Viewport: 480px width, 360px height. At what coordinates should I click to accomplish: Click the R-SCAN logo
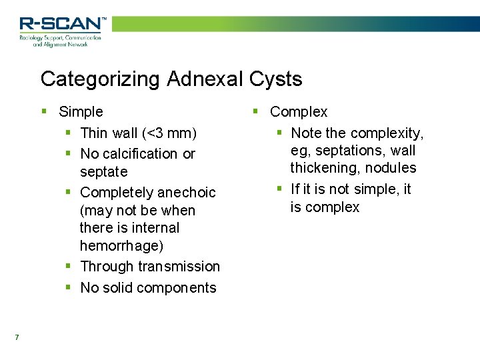[62, 30]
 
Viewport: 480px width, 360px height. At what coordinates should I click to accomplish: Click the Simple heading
[81, 112]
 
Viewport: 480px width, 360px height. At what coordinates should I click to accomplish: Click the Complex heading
[299, 112]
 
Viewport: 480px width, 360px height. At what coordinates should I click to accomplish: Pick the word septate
[103, 172]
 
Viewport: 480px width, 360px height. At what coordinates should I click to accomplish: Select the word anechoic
[185, 193]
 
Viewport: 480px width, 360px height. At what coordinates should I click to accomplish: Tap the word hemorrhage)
[121, 245]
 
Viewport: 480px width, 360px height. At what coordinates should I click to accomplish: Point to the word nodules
[392, 168]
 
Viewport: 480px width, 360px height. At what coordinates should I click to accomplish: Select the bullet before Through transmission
[68, 266]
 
